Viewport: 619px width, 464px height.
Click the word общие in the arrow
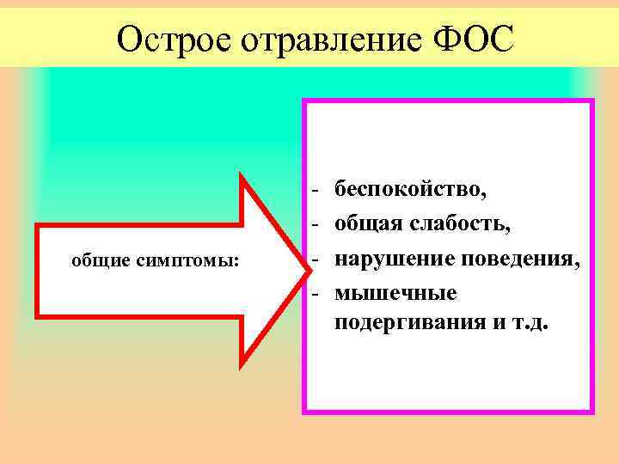coord(101,260)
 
